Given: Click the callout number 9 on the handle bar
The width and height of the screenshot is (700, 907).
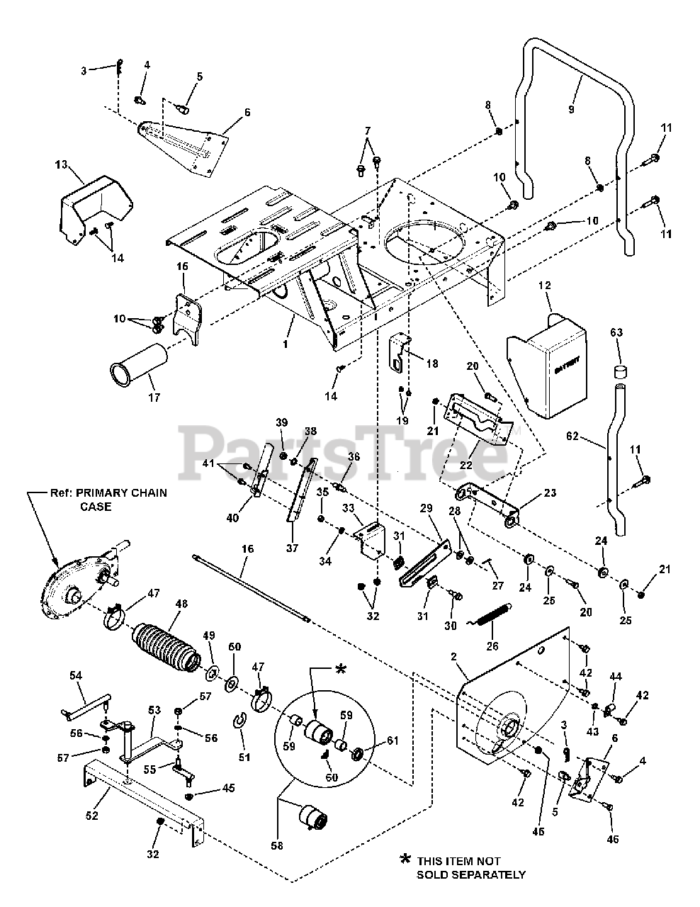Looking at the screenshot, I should pyautogui.click(x=571, y=110).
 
